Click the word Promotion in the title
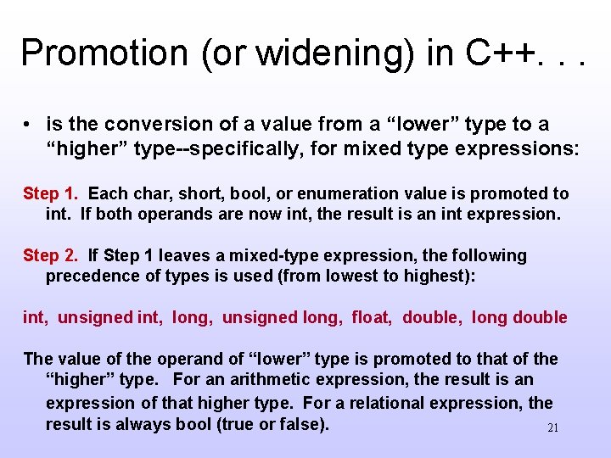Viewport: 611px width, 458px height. [x=91, y=53]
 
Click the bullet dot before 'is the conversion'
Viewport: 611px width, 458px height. [x=28, y=125]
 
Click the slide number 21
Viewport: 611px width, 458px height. [x=552, y=427]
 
